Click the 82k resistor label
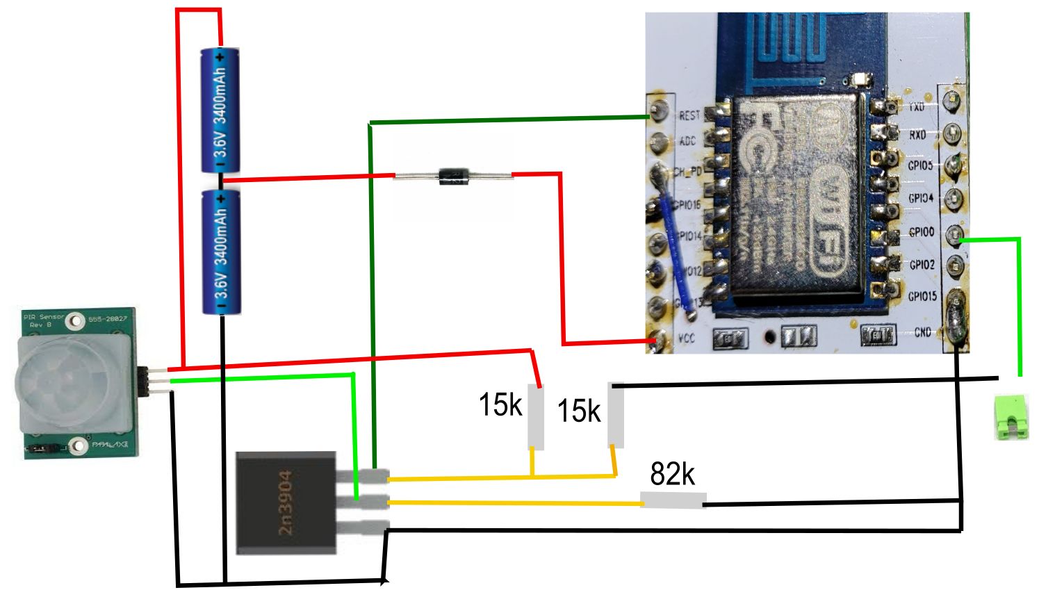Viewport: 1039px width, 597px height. pos(672,474)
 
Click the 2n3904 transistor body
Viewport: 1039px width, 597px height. pos(286,502)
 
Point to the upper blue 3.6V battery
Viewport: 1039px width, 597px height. pos(220,111)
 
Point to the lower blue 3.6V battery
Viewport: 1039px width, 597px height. pos(220,253)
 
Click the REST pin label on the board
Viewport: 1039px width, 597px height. pos(689,115)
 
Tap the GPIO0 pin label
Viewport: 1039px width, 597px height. pos(922,232)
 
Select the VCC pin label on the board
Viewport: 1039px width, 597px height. pos(686,338)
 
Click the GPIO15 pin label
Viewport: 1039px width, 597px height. pos(922,296)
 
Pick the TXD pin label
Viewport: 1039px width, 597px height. pos(917,107)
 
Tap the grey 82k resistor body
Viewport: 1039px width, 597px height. pos(673,500)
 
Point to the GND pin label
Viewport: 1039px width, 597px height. pos(922,332)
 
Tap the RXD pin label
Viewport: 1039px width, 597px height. pos(917,135)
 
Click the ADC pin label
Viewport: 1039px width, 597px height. pos(687,141)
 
